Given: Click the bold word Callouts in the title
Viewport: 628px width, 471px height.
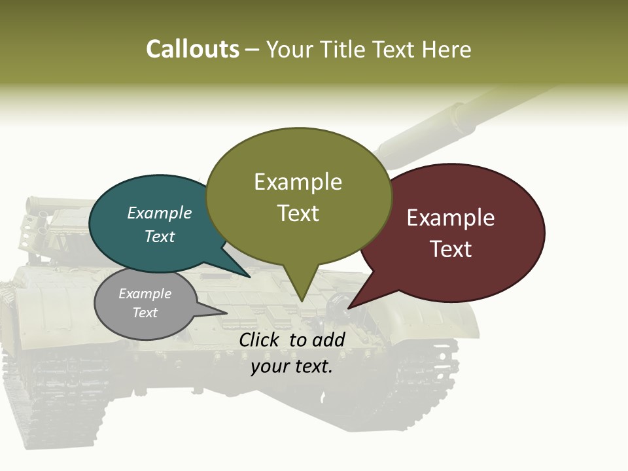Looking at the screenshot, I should point(192,49).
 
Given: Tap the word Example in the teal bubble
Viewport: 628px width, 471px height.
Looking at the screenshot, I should point(160,213).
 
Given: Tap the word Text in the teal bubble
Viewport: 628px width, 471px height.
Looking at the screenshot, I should point(160,236).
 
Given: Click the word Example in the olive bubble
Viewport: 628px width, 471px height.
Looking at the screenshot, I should point(298,182).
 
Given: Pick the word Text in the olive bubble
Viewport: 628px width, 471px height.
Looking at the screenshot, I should point(298,213).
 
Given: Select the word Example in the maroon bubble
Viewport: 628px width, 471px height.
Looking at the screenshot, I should point(451,218).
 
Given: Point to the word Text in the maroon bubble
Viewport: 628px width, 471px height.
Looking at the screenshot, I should point(451,249).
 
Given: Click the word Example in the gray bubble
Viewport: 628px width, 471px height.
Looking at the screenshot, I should point(145,294).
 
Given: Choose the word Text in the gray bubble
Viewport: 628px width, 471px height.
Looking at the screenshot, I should point(145,313).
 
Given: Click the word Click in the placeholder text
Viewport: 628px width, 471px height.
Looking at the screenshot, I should point(260,340).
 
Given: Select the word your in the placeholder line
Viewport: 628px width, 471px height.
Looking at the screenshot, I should point(269,366).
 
